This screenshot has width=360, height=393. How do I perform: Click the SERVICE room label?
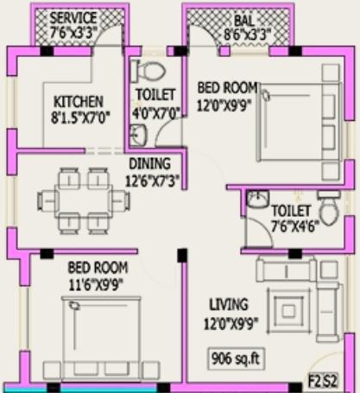(73, 18)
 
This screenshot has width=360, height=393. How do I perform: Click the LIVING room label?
(228, 304)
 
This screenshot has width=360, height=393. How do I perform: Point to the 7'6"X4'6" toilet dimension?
(290, 227)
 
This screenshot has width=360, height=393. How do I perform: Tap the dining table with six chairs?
(84, 200)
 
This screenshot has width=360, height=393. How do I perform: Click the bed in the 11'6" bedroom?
(101, 333)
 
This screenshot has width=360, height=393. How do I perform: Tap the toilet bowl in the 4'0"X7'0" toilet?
(153, 70)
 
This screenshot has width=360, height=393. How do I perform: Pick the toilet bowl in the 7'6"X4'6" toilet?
(327, 210)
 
